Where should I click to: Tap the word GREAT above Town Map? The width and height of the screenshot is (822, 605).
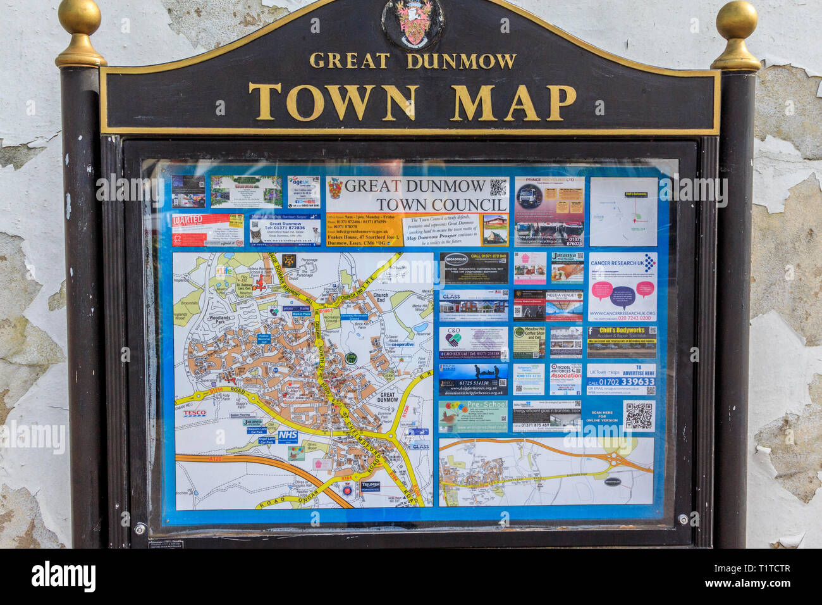[349, 61]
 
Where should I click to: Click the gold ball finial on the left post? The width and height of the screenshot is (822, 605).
[80, 18]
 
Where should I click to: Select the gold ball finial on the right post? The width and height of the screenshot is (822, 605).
[736, 21]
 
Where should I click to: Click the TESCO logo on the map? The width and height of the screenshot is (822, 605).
[195, 414]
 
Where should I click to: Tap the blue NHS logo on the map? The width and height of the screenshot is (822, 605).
[287, 436]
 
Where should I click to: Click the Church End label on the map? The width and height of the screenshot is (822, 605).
[381, 297]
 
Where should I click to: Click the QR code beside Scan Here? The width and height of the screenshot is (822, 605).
[638, 416]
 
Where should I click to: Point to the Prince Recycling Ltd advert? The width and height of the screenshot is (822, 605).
[548, 211]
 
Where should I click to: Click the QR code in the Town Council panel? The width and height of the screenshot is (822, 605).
[498, 187]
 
